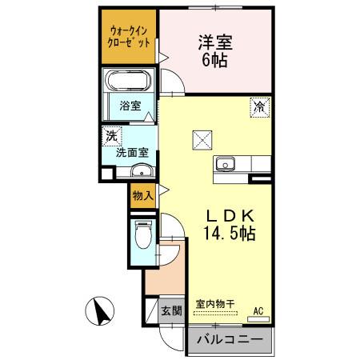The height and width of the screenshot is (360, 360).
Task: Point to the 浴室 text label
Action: coord(130,105)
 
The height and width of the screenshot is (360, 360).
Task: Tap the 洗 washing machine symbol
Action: coord(110,137)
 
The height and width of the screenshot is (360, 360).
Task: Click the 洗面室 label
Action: coord(131,151)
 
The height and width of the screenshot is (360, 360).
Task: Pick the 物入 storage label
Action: coord(142,194)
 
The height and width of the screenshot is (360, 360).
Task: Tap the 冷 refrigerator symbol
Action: coord(260,105)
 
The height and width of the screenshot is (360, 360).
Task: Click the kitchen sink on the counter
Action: coord(224,165)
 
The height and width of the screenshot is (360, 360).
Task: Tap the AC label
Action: coord(258,310)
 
